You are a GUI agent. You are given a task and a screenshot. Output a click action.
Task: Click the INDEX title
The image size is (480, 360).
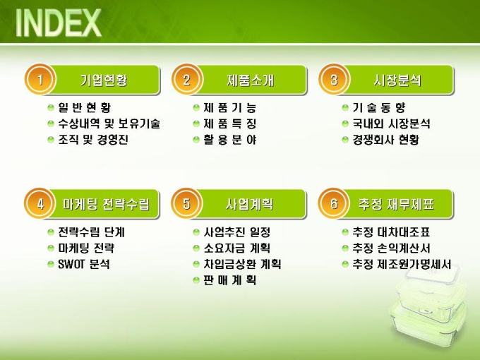tap(58, 23)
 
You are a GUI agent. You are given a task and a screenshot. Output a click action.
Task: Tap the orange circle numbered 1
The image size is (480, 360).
tap(40, 80)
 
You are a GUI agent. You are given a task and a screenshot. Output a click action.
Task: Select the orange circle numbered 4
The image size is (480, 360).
tap(40, 203)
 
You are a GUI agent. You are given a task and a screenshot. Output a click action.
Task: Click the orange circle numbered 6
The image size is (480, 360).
tap(334, 203)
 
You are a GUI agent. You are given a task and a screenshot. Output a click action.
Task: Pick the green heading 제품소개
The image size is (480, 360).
tap(251, 80)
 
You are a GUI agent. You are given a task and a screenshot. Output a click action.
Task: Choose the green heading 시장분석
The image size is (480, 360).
tap(397, 80)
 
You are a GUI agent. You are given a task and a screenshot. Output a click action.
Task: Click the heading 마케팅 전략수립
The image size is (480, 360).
tap(106, 204)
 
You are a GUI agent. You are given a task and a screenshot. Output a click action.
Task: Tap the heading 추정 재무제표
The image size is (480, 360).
tap(396, 204)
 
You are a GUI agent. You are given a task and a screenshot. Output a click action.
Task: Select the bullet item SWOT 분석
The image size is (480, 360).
tap(83, 264)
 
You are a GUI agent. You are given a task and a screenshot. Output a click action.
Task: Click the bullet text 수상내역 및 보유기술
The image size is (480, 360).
tap(109, 124)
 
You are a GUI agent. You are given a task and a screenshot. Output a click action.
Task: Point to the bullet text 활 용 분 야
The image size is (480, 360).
tap(229, 140)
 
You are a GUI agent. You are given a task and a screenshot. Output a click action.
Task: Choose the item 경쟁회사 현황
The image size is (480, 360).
tap(385, 140)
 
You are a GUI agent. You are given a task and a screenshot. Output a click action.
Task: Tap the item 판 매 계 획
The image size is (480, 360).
tap(229, 280)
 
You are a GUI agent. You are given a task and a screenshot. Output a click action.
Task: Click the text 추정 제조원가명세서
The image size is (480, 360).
tap(402, 264)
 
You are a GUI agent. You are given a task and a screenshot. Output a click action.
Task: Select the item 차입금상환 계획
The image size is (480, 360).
tap(242, 264)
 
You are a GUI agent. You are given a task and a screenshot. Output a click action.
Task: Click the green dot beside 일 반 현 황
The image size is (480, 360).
tap(51, 108)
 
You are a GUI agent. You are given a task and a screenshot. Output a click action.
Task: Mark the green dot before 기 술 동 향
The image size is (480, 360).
tap(345, 108)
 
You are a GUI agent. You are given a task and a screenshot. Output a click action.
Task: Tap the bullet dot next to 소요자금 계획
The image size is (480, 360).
tap(196, 248)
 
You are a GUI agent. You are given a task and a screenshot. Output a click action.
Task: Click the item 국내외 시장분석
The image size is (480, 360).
tap(391, 124)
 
